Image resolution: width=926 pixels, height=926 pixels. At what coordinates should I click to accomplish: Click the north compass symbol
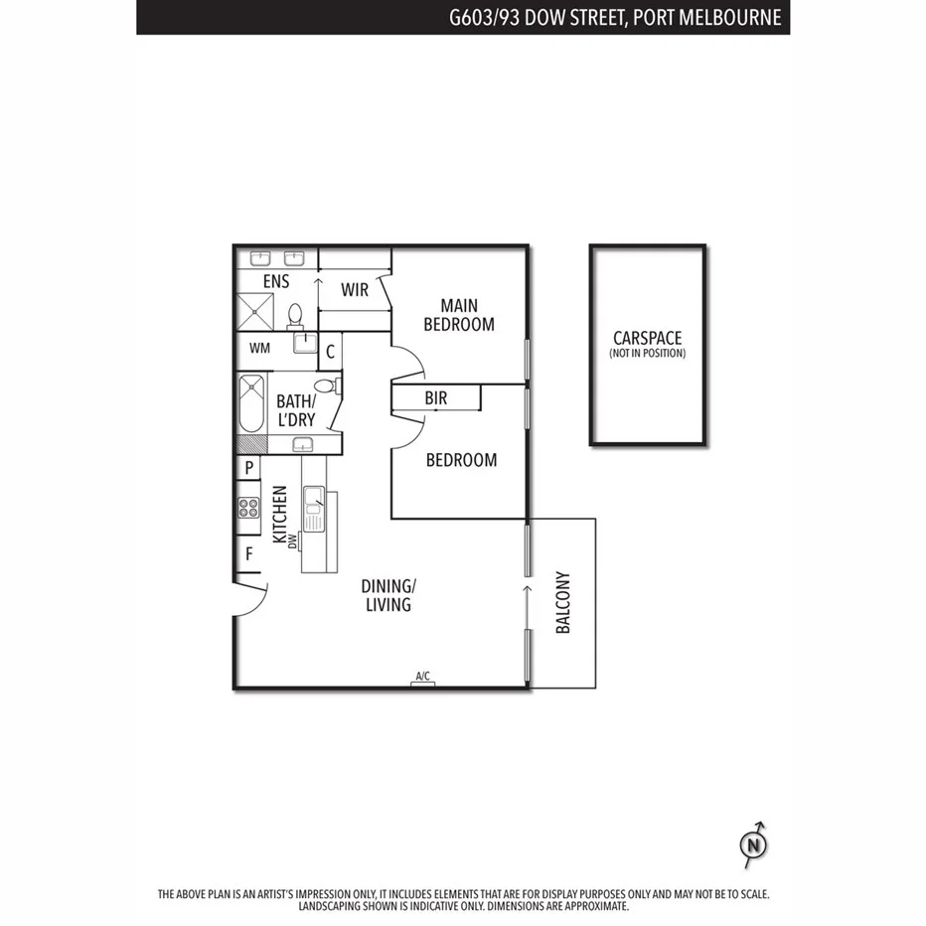[754, 845]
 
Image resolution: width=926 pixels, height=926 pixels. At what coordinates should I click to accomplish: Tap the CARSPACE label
[647, 339]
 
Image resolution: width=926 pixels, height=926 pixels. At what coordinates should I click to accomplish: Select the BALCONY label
[562, 602]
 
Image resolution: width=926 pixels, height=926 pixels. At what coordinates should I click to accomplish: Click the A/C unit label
[422, 678]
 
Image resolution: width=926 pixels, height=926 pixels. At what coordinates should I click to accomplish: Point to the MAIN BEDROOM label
[458, 315]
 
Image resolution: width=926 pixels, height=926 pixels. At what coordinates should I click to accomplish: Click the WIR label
[355, 290]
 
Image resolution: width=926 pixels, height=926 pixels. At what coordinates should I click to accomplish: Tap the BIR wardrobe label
[435, 398]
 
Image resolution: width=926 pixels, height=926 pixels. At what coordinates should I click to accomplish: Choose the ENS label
[276, 282]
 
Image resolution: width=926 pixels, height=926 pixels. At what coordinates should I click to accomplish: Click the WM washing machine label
[259, 349]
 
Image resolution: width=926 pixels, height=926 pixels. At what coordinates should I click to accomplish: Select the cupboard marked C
[331, 350]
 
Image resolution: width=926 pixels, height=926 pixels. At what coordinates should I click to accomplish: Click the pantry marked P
[248, 468]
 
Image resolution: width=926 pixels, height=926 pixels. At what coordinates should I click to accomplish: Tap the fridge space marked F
[248, 554]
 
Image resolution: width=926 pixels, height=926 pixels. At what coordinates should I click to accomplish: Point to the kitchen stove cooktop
[247, 510]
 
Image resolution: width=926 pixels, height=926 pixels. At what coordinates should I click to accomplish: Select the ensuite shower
[257, 314]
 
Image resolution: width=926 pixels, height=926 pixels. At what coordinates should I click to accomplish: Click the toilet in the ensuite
[295, 315]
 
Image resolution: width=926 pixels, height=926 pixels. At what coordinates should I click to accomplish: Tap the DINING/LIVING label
[387, 594]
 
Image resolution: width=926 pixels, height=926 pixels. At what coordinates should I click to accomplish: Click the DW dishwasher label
[293, 540]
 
